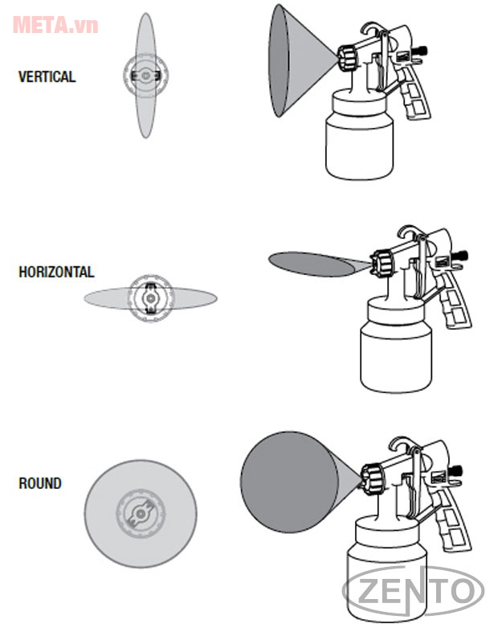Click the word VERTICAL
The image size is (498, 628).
pyautogui.click(x=47, y=77)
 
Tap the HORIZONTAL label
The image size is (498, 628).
pyautogui.click(x=56, y=272)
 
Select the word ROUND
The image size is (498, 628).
pyautogui.click(x=40, y=483)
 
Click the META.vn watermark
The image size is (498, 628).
pyautogui.click(x=55, y=25)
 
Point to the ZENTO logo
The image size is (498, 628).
pyautogui.click(x=413, y=592)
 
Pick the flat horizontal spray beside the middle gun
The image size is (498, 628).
pyautogui.click(x=313, y=263)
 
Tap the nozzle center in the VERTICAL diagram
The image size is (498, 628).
pyautogui.click(x=145, y=76)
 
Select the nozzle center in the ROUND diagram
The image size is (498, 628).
pyautogui.click(x=141, y=511)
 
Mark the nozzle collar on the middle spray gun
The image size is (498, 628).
pyautogui.click(x=382, y=261)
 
